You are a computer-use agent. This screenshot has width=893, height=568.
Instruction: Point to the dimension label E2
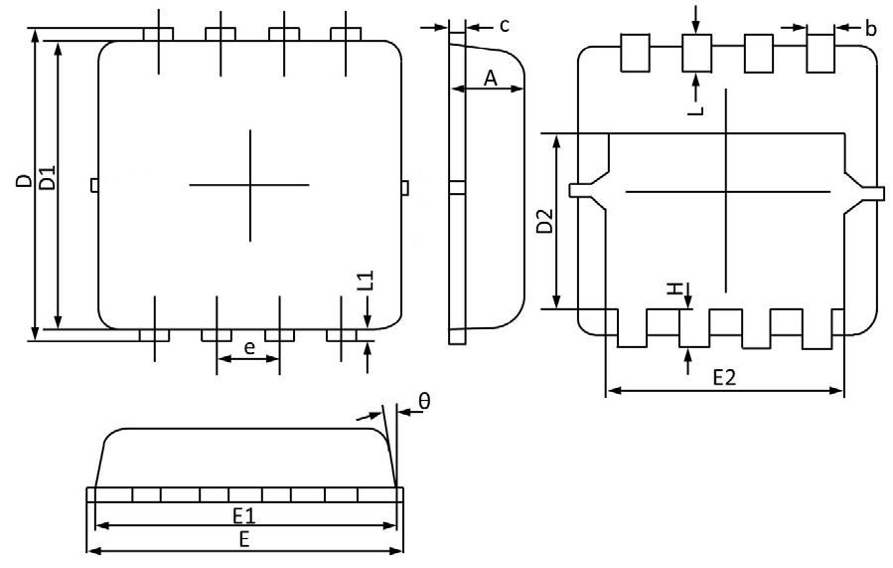[x=725, y=378]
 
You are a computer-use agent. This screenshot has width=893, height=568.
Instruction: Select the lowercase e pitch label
[x=248, y=347]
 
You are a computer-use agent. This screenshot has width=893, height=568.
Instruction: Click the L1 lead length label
[x=365, y=281]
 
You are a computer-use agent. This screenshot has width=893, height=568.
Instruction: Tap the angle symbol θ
[x=423, y=401]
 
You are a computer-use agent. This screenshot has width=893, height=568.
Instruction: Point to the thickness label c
[x=505, y=25]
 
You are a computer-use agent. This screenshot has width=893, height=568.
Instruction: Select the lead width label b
[x=870, y=29]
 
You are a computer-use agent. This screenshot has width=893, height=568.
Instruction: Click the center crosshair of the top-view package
[x=249, y=185]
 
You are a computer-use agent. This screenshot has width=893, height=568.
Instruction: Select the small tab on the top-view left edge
[x=94, y=185]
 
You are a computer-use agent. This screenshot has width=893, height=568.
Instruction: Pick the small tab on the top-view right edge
[x=405, y=186]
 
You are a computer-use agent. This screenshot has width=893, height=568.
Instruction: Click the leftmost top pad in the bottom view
[x=634, y=53]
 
